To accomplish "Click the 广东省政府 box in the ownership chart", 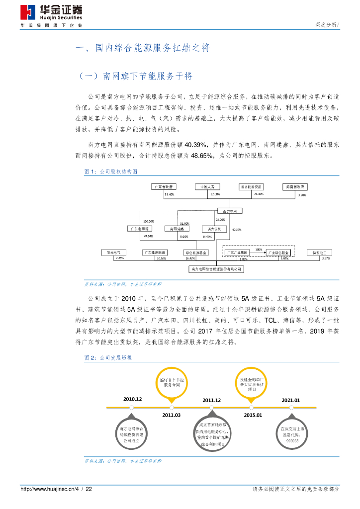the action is pos(166,186).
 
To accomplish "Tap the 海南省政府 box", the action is pos(295,186).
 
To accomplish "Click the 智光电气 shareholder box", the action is pos(114,253).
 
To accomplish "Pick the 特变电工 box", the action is pos(319,253).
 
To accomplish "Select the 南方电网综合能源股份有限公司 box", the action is pos(217,269).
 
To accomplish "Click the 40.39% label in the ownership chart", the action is pos(236,230).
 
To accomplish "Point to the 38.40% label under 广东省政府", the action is pos(169,194).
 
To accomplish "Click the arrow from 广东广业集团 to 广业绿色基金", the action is pos(258,253).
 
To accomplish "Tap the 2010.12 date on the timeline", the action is pos(133,399).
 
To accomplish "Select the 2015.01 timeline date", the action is pos(253,415).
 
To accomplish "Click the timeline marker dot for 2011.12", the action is pos(212,408).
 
